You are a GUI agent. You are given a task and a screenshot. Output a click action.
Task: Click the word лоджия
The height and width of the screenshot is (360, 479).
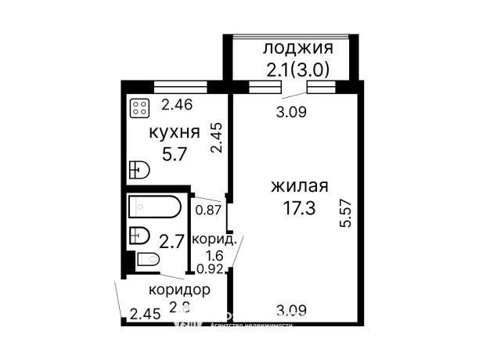292,49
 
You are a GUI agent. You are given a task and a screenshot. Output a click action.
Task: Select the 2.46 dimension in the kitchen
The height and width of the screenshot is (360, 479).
177,104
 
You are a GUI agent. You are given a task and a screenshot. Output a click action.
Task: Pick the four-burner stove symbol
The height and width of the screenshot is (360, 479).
139,107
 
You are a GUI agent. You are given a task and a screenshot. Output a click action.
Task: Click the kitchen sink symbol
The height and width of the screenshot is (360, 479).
139,169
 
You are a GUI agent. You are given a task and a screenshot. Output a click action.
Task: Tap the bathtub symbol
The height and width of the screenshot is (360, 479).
155,207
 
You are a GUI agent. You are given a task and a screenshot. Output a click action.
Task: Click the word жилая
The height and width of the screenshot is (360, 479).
298,187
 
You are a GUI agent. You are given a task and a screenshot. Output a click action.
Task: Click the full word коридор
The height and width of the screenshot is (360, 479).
179,290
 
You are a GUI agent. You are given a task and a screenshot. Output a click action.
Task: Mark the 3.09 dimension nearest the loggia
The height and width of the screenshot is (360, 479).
292,112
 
